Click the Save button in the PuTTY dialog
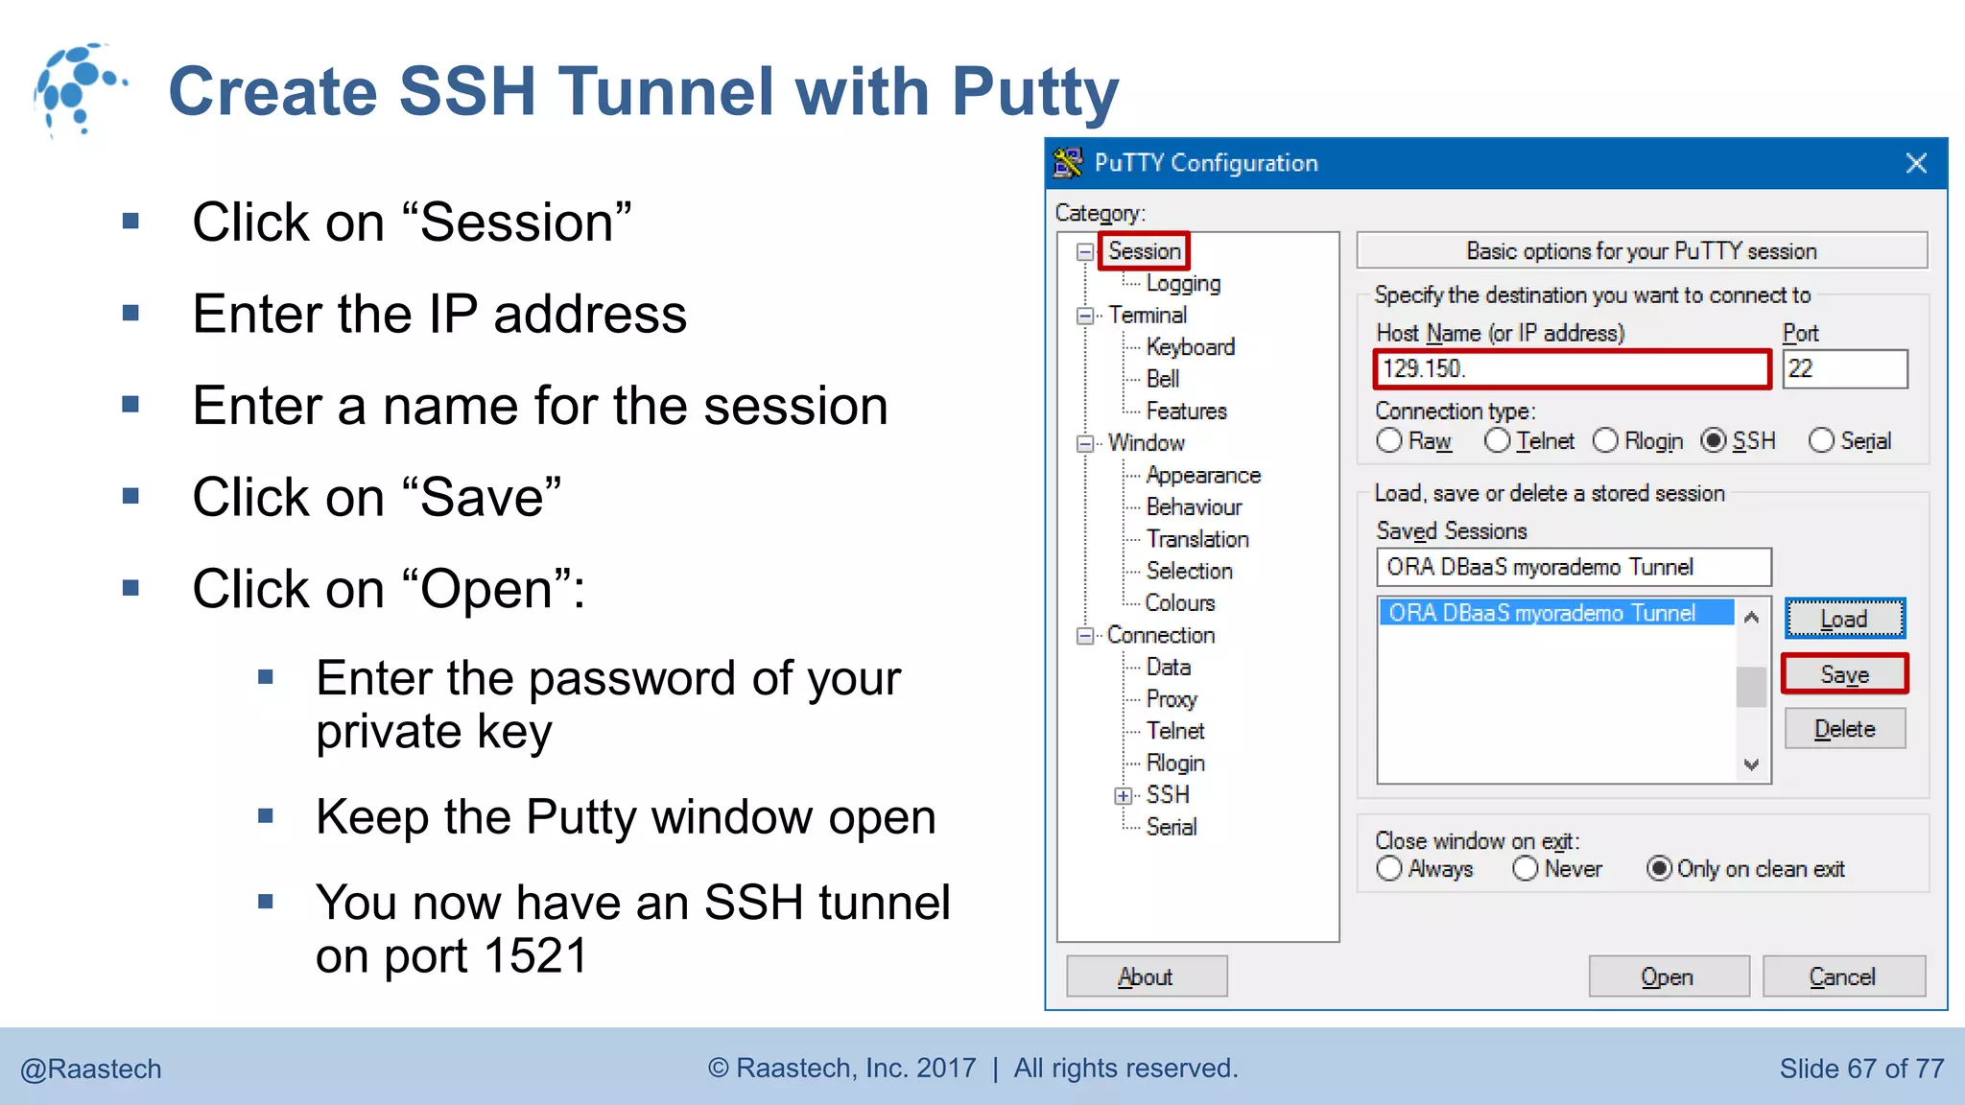click(1844, 674)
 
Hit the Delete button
click(1844, 729)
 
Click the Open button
click(1668, 976)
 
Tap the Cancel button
click(1842, 976)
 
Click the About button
click(1146, 976)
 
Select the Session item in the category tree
click(1145, 251)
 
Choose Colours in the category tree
click(1180, 602)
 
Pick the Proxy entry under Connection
click(1172, 698)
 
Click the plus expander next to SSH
click(1123, 795)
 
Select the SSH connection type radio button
click(1714, 441)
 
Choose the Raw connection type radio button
click(1389, 441)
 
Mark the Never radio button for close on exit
click(1526, 869)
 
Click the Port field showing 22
click(1844, 369)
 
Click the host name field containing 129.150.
click(1572, 369)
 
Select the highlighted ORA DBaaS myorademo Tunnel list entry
click(1554, 613)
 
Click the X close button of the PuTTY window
click(1916, 163)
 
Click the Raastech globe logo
click(79, 89)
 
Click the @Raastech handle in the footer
click(91, 1069)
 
